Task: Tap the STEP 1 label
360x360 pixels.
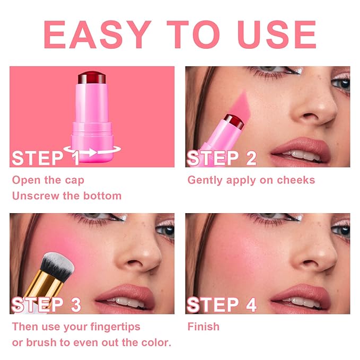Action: pos(46,158)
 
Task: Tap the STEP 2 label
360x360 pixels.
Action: pos(222,158)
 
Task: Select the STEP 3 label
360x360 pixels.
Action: pos(47,305)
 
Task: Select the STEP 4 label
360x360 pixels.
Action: pos(222,305)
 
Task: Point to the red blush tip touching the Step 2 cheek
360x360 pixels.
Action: pos(233,121)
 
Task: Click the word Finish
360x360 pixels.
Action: pos(203,326)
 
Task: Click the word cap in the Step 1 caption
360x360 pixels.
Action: pos(74,180)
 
